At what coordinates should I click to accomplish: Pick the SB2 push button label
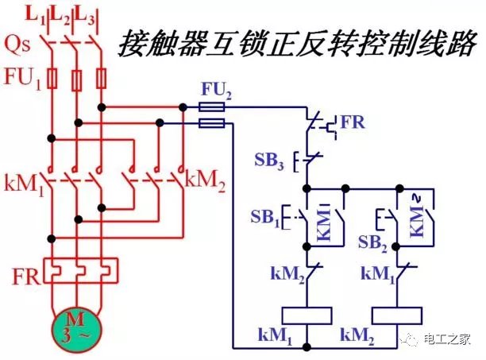(373, 240)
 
